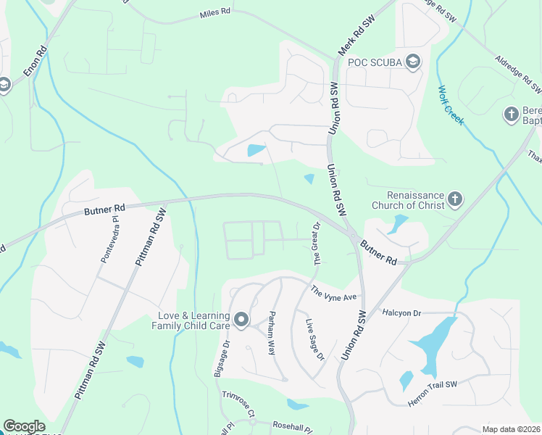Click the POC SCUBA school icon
(413, 61)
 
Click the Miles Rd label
(215, 15)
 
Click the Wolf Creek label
(450, 106)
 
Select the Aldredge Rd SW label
(518, 75)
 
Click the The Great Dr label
(316, 244)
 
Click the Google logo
(23, 426)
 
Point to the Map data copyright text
(512, 428)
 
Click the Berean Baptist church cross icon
(510, 115)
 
